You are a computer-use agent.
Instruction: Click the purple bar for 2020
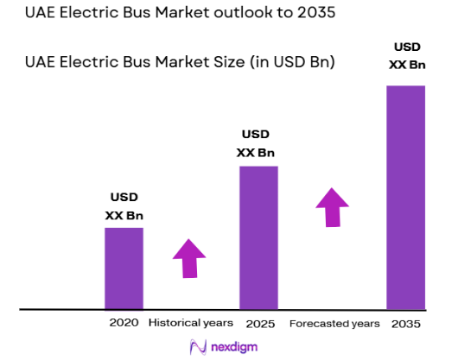click(x=124, y=268)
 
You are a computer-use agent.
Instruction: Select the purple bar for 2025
click(x=258, y=237)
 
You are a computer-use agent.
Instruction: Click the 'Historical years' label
click(x=190, y=323)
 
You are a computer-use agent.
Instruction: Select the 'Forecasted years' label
click(x=334, y=323)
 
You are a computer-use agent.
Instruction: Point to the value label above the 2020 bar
click(x=124, y=205)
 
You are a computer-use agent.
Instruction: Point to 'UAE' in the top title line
click(x=42, y=15)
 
